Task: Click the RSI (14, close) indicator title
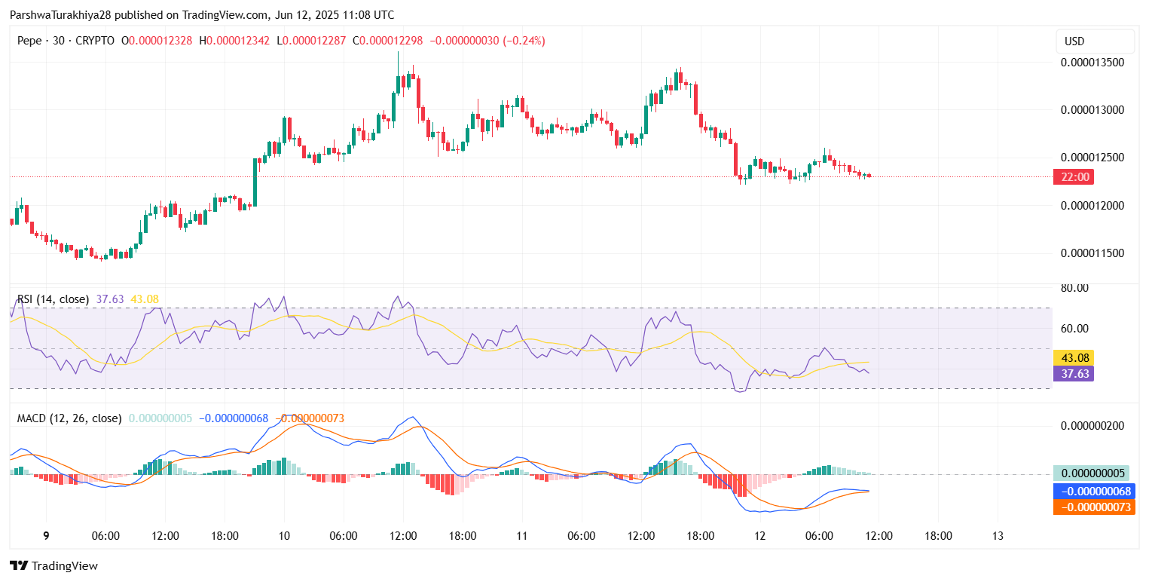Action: [53, 299]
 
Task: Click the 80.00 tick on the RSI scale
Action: [1075, 288]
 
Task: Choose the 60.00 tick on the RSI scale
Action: [1075, 329]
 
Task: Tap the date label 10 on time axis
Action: [284, 536]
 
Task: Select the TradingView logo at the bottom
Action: [53, 566]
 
